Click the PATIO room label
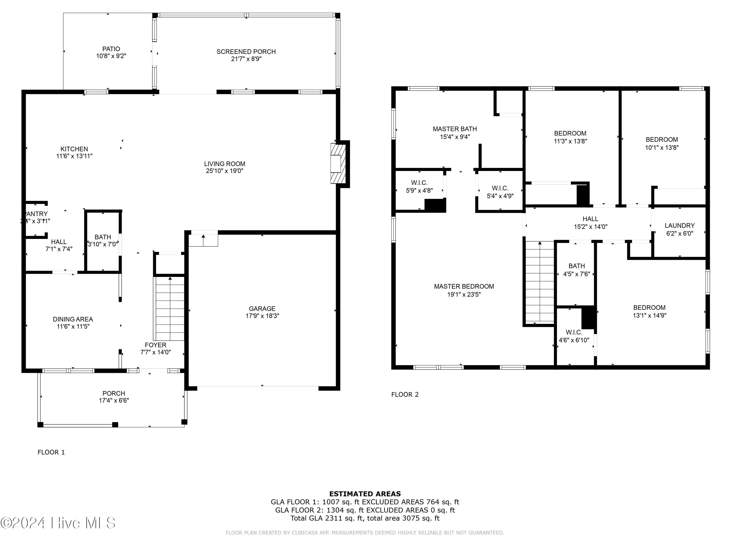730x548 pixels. (111, 49)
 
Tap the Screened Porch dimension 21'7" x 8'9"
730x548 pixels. (246, 59)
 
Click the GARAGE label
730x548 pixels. (262, 309)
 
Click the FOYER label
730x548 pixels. (155, 345)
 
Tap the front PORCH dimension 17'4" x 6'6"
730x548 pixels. (114, 400)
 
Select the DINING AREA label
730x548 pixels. (73, 319)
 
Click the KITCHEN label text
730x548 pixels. (74, 149)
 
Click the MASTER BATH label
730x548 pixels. (455, 129)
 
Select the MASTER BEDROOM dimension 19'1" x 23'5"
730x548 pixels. (464, 294)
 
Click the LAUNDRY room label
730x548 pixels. (679, 226)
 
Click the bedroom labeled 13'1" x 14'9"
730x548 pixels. (649, 312)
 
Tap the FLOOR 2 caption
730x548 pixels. (405, 394)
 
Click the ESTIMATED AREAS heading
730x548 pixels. (365, 494)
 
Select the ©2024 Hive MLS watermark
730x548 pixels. (58, 523)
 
